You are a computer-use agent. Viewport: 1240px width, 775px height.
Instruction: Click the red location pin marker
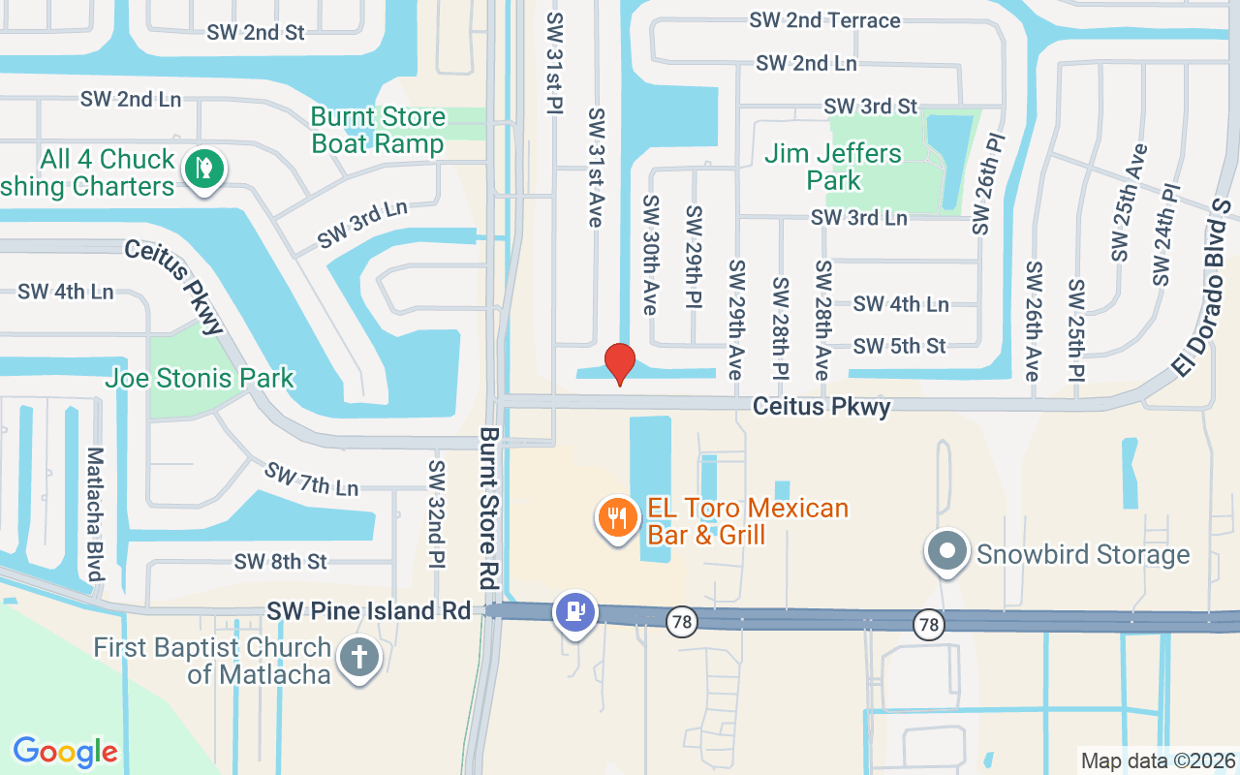pyautogui.click(x=619, y=363)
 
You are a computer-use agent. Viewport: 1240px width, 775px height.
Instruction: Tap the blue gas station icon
pyautogui.click(x=575, y=611)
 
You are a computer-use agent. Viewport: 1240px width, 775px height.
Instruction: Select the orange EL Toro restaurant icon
pyautogui.click(x=617, y=517)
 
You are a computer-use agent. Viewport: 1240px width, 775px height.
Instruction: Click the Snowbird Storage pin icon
pyautogui.click(x=948, y=552)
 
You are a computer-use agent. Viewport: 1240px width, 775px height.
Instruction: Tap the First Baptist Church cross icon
pyautogui.click(x=359, y=658)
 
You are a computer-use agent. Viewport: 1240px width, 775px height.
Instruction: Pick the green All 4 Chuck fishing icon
pyautogui.click(x=204, y=168)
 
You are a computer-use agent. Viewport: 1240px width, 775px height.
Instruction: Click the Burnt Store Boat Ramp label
pyautogui.click(x=378, y=131)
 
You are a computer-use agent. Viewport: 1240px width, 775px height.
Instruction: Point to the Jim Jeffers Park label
pyautogui.click(x=833, y=167)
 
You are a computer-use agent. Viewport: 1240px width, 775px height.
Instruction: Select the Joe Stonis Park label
pyautogui.click(x=200, y=377)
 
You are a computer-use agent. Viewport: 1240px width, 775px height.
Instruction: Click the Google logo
pyautogui.click(x=65, y=751)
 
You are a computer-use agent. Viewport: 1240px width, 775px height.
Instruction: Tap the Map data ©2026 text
pyautogui.click(x=1159, y=760)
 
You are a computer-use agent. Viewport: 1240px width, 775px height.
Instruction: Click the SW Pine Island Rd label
pyautogui.click(x=368, y=610)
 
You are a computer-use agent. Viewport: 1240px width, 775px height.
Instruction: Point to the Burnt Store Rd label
pyautogui.click(x=488, y=509)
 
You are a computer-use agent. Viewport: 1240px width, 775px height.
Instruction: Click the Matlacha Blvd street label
pyautogui.click(x=95, y=513)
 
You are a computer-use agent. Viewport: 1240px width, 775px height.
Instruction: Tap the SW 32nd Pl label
pyautogui.click(x=437, y=513)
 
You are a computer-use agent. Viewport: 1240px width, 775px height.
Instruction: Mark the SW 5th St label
pyautogui.click(x=899, y=346)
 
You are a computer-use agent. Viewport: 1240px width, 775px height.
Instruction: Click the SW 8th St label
pyautogui.click(x=280, y=562)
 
